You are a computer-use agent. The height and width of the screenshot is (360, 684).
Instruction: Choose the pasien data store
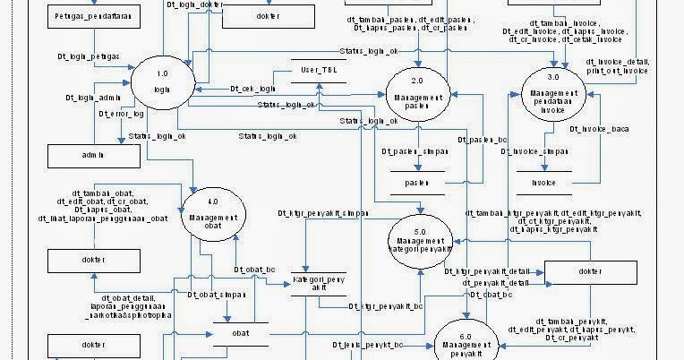tap(412, 183)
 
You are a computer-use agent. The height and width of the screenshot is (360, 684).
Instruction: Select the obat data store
tap(241, 333)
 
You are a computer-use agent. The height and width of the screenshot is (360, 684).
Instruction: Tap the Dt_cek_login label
tap(252, 89)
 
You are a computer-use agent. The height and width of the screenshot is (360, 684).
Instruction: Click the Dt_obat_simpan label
tap(218, 295)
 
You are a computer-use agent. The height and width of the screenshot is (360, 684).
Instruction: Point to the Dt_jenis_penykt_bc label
tap(368, 344)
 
